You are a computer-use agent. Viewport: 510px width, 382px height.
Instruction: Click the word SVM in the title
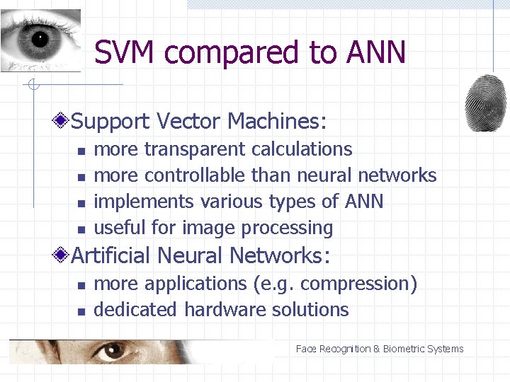pyautogui.click(x=127, y=53)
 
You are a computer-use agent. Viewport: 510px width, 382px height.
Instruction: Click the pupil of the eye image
pyautogui.click(x=40, y=40)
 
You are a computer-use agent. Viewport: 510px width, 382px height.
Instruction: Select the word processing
pyautogui.click(x=287, y=228)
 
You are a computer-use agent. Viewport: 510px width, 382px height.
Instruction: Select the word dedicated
pyautogui.click(x=135, y=310)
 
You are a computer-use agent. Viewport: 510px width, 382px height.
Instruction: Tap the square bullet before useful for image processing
pyautogui.click(x=81, y=229)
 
